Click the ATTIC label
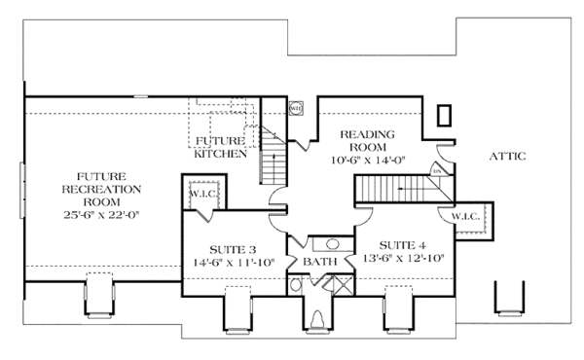pyautogui.click(x=507, y=156)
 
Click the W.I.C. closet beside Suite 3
pyautogui.click(x=205, y=193)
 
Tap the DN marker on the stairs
pyautogui.click(x=437, y=170)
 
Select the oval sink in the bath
pyautogui.click(x=331, y=245)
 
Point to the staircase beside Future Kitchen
pyautogui.click(x=272, y=156)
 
